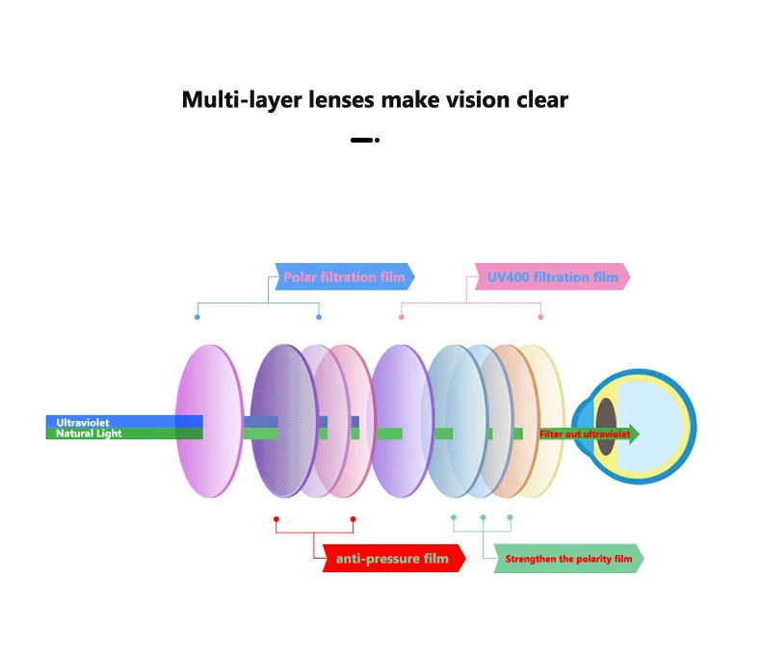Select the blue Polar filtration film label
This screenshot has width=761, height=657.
(x=344, y=277)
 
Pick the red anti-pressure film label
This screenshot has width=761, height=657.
(x=392, y=559)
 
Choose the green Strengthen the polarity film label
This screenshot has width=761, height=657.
(x=567, y=559)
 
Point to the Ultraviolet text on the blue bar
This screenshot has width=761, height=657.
(x=83, y=422)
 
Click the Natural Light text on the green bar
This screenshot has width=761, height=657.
(x=89, y=434)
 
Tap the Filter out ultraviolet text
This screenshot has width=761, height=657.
(x=585, y=434)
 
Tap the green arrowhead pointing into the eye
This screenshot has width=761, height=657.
(x=632, y=434)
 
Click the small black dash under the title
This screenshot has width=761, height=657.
(x=361, y=140)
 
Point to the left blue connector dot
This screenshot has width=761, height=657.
(x=197, y=317)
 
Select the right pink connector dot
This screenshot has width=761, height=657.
(x=540, y=317)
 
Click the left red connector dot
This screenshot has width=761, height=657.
(x=276, y=519)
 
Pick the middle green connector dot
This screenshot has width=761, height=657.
(x=483, y=518)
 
